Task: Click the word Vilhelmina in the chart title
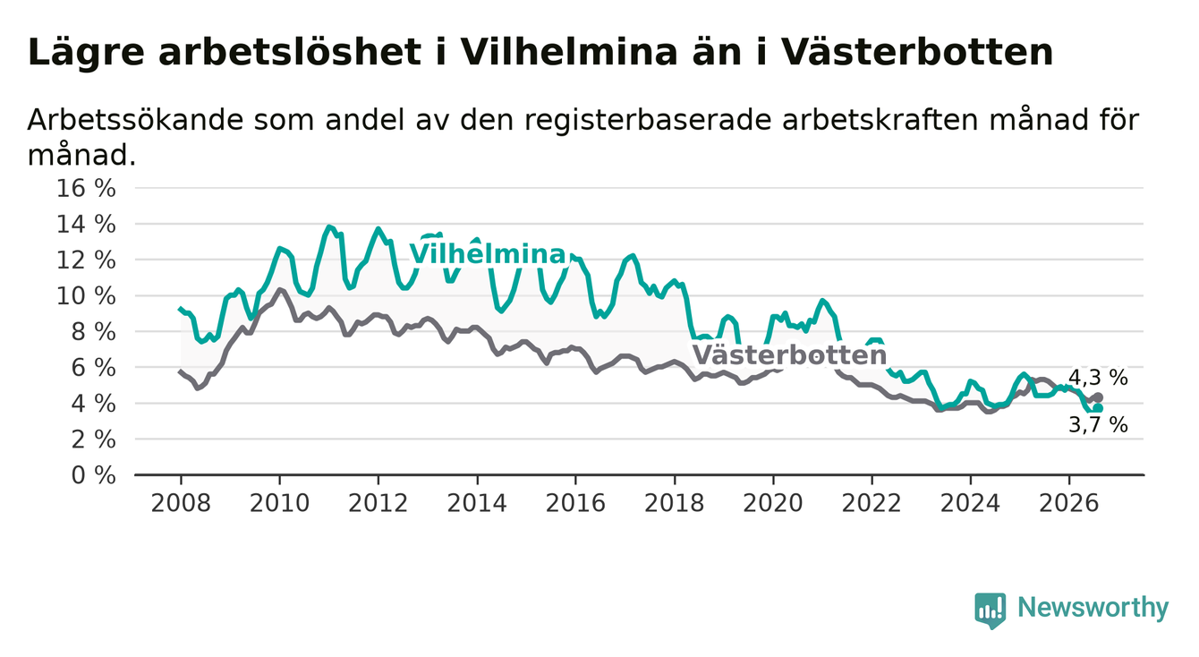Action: coord(569,52)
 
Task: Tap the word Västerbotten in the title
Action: coord(917,52)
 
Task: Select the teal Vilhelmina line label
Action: coord(488,254)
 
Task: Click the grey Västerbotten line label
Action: coord(789,355)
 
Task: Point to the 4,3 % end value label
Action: coord(1098,378)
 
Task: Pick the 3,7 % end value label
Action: coord(1098,425)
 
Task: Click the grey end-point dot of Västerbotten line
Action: coord(1099,397)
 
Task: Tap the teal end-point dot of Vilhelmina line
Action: coord(1099,408)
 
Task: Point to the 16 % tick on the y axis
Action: coord(86,189)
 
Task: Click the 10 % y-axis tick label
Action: coord(86,296)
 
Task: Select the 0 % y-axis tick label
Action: coord(94,475)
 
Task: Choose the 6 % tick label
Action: coord(94,368)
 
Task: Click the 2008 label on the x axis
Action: coord(181,503)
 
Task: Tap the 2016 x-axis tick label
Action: coord(575,503)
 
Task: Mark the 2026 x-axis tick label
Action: coord(1069,503)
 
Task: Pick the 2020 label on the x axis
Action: coord(773,503)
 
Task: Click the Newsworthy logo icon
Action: coord(991,610)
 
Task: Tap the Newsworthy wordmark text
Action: coord(1093,608)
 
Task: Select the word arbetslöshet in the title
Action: coord(290,52)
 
